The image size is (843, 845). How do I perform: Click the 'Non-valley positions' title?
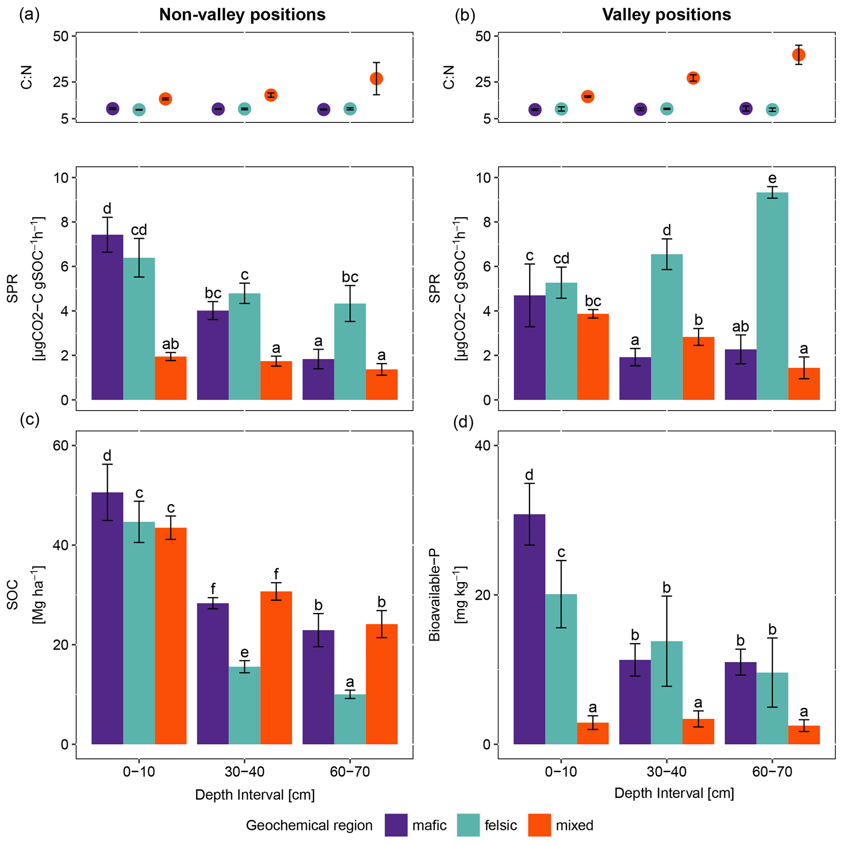coord(242,15)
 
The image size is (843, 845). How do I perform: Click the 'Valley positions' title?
coord(666,15)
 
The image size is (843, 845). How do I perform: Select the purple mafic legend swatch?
coord(396,825)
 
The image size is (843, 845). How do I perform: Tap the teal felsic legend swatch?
coord(468,825)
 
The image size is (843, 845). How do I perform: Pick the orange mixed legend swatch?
coord(539,825)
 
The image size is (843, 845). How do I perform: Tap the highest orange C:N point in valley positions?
coord(799,55)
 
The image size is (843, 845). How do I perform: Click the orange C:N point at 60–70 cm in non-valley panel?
coord(376,79)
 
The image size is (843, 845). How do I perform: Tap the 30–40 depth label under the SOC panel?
coord(244,772)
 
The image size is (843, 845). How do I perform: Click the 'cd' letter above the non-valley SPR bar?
coord(139,230)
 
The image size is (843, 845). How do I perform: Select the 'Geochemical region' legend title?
coord(309,825)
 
